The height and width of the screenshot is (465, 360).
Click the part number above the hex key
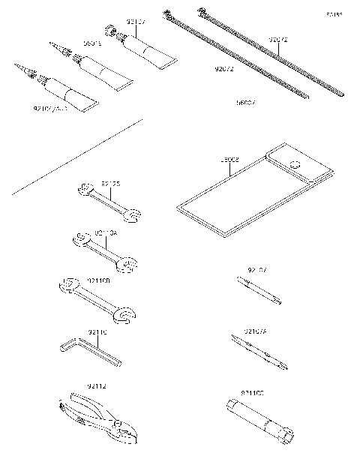click(97, 331)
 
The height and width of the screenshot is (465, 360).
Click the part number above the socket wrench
click(252, 392)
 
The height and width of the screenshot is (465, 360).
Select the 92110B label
click(98, 280)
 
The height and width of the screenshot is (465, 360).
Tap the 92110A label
click(105, 233)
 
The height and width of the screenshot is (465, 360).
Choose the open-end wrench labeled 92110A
click(105, 251)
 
